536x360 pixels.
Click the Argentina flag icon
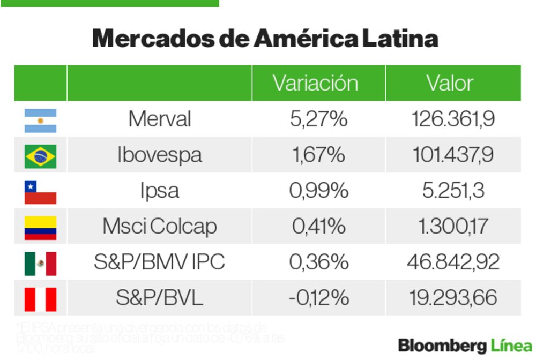point(40,121)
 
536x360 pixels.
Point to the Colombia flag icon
point(40,228)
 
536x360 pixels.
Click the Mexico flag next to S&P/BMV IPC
point(40,263)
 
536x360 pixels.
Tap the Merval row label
point(159,119)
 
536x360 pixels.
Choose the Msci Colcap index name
point(159,226)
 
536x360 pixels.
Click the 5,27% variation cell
point(318,119)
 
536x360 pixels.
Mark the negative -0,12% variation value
point(318,297)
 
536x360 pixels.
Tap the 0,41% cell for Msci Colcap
point(318,226)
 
